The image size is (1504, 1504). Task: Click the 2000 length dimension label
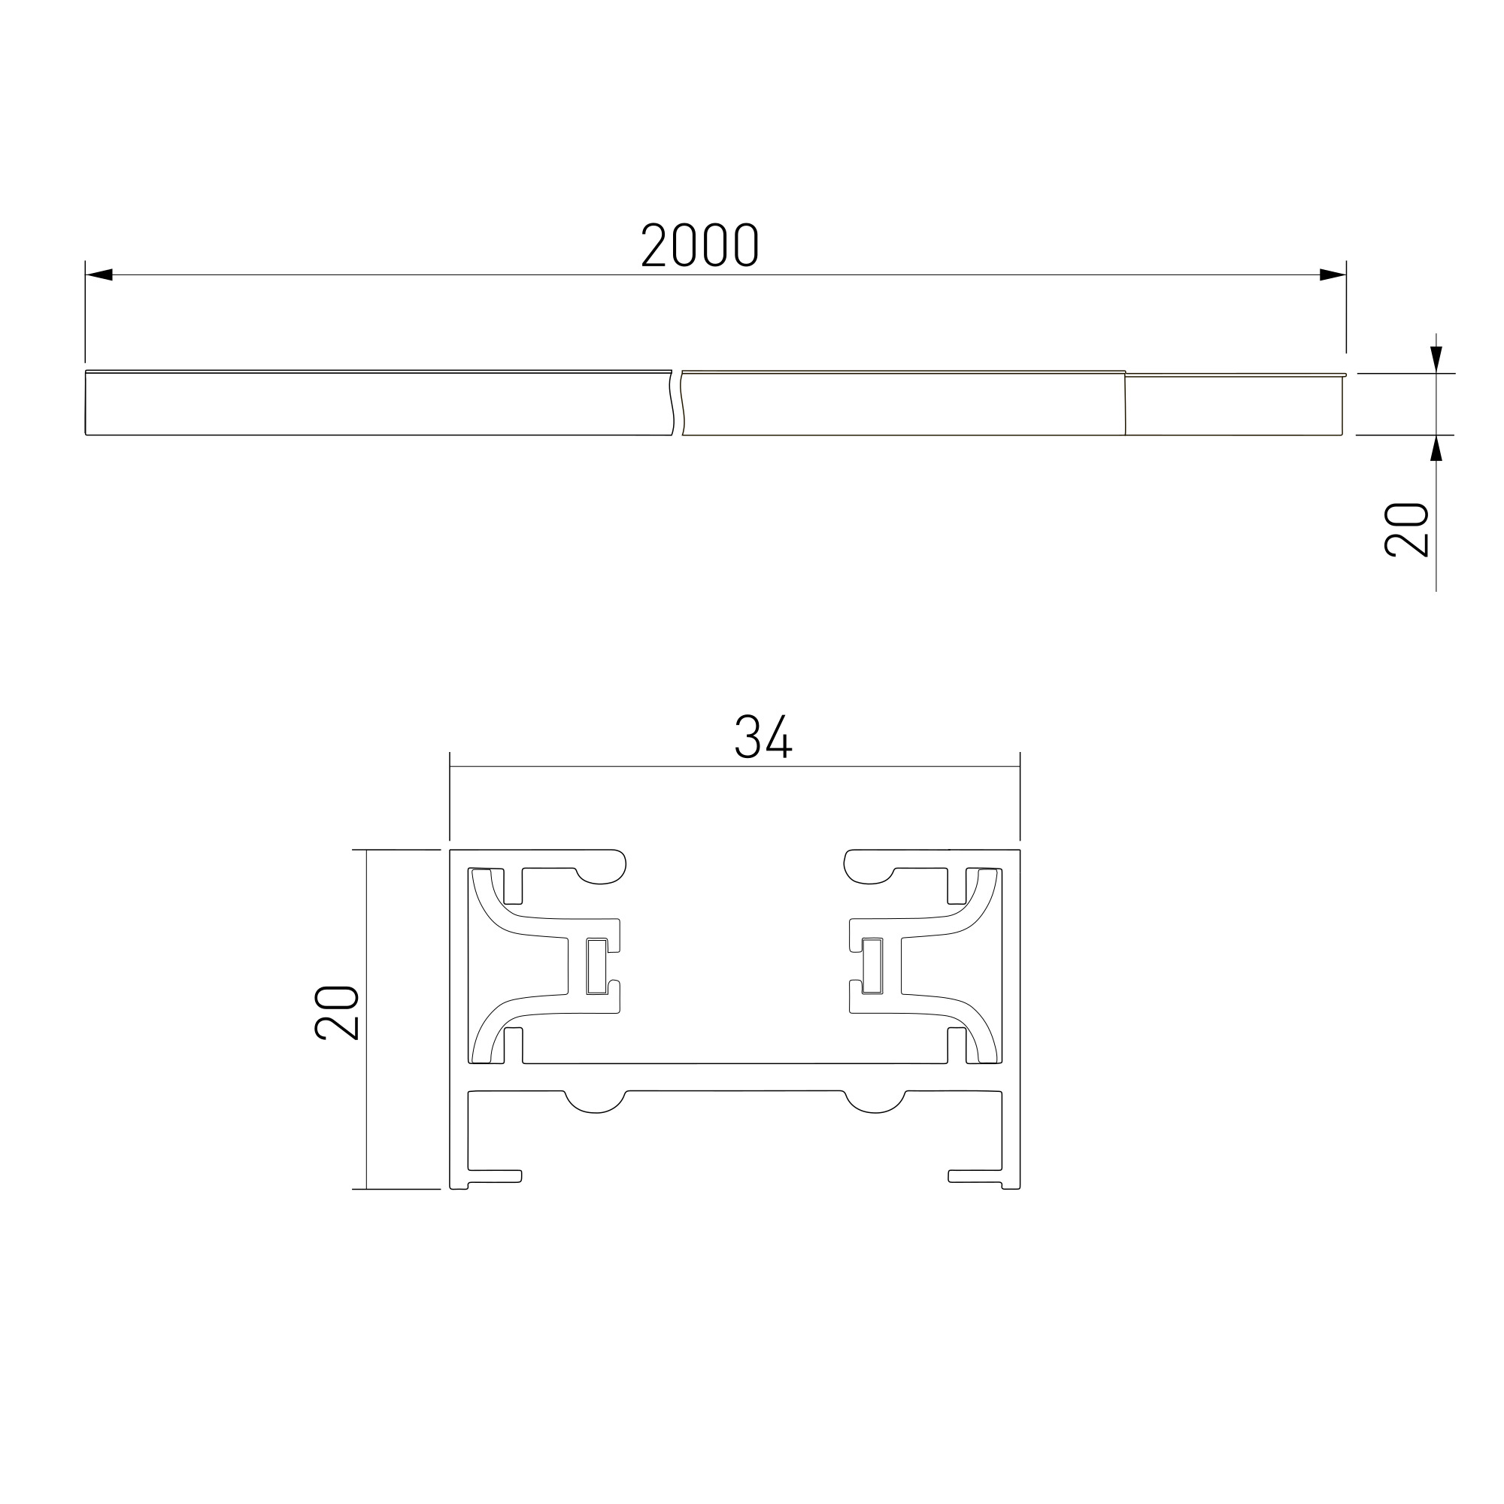click(699, 244)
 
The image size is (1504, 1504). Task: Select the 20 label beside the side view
click(1406, 530)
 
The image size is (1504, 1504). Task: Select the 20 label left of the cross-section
click(336, 1013)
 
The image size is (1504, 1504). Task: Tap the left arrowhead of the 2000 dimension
click(99, 274)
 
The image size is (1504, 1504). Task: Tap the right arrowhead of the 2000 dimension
click(1333, 274)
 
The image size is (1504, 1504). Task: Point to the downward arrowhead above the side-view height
click(1436, 359)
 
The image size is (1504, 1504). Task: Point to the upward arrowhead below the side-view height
click(1436, 448)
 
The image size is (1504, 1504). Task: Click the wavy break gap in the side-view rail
click(678, 402)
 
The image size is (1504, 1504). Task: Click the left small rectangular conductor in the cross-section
click(597, 966)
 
